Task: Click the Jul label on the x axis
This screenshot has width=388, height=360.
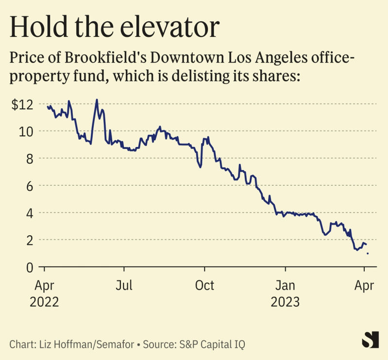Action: coord(125,285)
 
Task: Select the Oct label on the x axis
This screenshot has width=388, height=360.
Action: coord(204,285)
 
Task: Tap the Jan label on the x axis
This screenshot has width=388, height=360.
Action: coord(285,285)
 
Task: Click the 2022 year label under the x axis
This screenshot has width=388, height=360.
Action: coord(44,302)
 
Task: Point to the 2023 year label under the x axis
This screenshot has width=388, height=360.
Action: coord(285,302)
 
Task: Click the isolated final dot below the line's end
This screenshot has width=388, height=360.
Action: coord(368,253)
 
